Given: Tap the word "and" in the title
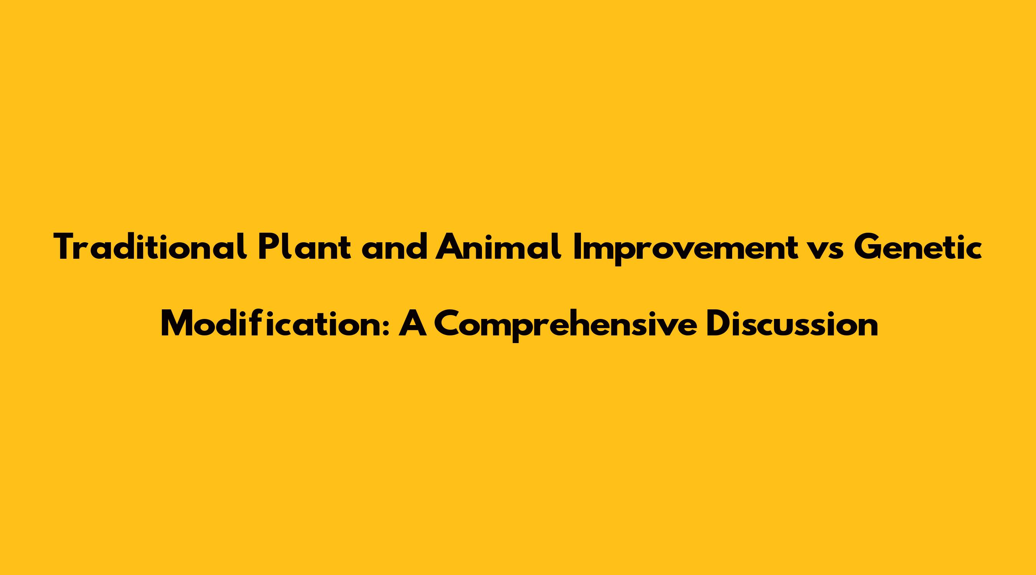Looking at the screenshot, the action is pos(394,247).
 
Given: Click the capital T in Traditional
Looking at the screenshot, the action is pos(66,247).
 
